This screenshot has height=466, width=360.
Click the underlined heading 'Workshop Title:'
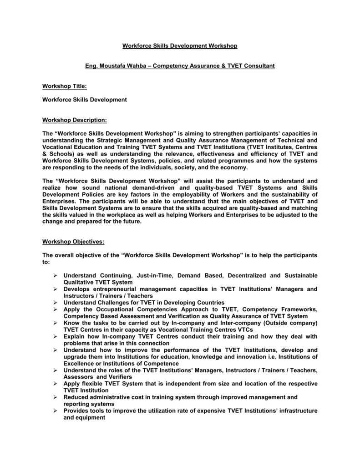click(x=64, y=86)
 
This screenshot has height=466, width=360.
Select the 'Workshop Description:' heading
click(x=75, y=120)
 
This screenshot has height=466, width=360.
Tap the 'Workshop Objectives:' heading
click(x=73, y=241)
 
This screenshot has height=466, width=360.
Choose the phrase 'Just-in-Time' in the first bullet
click(x=153, y=276)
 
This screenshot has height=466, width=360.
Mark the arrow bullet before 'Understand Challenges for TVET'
click(x=55, y=303)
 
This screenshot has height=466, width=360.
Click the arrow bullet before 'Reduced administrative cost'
click(x=55, y=397)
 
